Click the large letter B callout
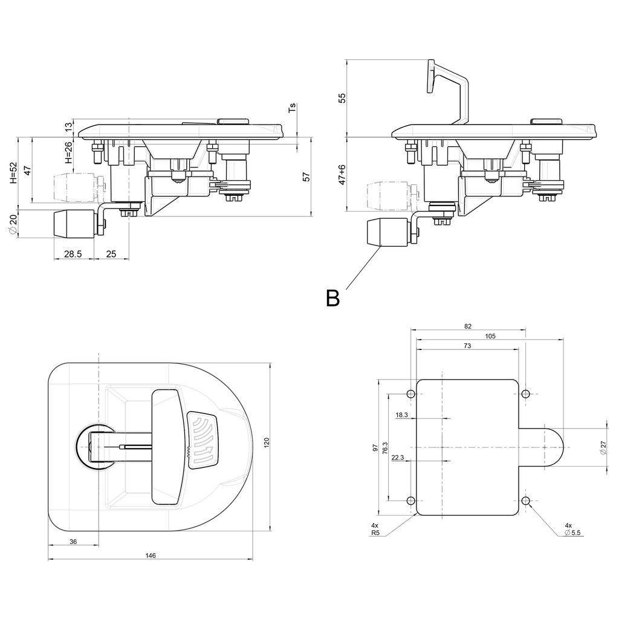(332, 298)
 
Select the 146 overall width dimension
(151, 555)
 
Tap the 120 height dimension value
(267, 442)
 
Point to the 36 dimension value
(73, 542)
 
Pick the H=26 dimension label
(68, 153)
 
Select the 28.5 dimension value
(73, 254)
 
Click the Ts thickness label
(293, 108)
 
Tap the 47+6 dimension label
(342, 174)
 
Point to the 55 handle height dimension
(342, 97)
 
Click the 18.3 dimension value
(401, 415)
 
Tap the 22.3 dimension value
(398, 458)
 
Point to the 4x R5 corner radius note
(375, 530)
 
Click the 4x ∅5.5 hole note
(571, 530)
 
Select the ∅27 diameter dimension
(602, 448)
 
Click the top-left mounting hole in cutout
(411, 394)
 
